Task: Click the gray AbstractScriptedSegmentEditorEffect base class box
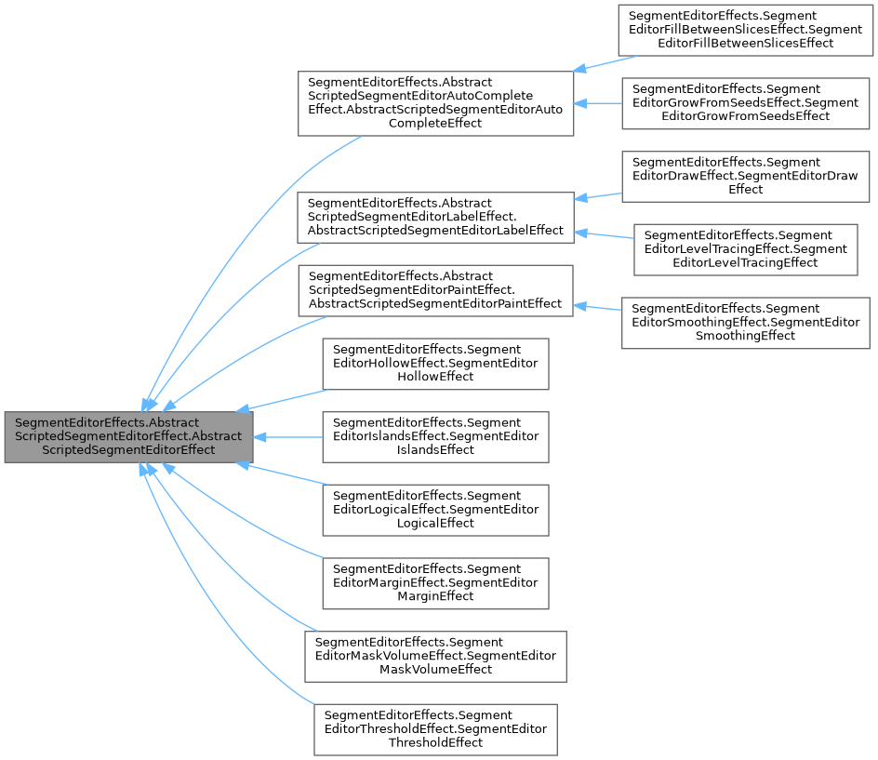tap(128, 435)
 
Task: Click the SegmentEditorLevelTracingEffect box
tap(745, 248)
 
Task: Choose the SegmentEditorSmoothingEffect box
tap(745, 322)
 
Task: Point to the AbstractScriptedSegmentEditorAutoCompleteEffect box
tap(434, 102)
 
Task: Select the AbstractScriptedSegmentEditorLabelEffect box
tap(435, 217)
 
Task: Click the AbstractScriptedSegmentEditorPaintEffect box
tap(434, 290)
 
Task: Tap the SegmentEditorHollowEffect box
tap(434, 363)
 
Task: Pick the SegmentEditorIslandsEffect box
tap(434, 436)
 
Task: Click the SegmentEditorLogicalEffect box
tap(434, 509)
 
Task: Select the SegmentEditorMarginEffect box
tap(434, 582)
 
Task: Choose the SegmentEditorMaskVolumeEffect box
tap(435, 656)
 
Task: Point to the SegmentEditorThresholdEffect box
tap(434, 729)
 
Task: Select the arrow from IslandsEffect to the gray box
tap(288, 435)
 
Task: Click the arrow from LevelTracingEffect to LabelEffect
tap(605, 233)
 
